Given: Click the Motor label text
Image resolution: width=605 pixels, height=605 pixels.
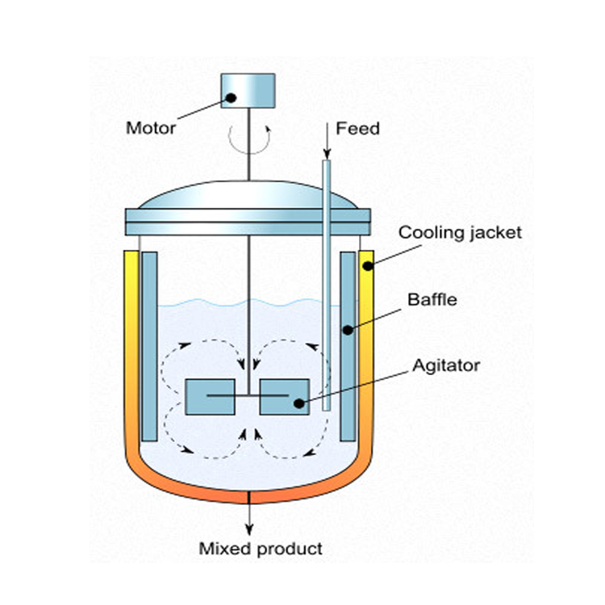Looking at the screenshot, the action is pos(151,128).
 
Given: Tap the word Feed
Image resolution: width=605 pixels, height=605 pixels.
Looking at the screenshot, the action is pos(357,128).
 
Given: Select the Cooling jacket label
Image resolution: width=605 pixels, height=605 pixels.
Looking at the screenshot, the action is pos(460,233).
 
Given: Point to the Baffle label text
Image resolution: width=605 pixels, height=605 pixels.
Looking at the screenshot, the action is pos(432,300).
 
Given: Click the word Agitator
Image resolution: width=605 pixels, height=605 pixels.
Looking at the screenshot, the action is pos(446,365).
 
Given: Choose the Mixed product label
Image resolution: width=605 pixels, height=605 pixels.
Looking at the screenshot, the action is pos(261,549).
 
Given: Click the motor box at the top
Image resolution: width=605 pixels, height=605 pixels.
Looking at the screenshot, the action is pos(248,90).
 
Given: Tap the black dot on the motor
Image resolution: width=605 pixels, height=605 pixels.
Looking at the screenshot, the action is pos(231,98).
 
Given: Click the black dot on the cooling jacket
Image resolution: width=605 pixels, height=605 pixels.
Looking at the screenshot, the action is pos(368,266).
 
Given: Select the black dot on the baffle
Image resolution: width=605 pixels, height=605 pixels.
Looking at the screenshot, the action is pos(348,330).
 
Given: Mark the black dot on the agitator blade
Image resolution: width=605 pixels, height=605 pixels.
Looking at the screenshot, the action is pos(299,403).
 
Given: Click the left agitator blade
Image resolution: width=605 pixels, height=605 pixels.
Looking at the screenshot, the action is pos(211,397).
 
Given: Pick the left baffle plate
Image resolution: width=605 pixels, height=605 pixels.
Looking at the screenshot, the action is pos(149,347).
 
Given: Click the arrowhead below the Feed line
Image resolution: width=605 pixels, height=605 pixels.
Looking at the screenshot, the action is pos(327,155).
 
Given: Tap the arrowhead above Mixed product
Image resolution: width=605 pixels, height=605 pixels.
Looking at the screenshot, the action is pos(249,530).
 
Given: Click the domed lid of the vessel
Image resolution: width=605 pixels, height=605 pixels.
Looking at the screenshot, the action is pos(248,196).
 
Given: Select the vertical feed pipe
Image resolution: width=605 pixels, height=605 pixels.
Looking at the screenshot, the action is pos(327,285).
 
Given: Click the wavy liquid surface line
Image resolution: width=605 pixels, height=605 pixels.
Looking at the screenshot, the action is pos(249,302).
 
